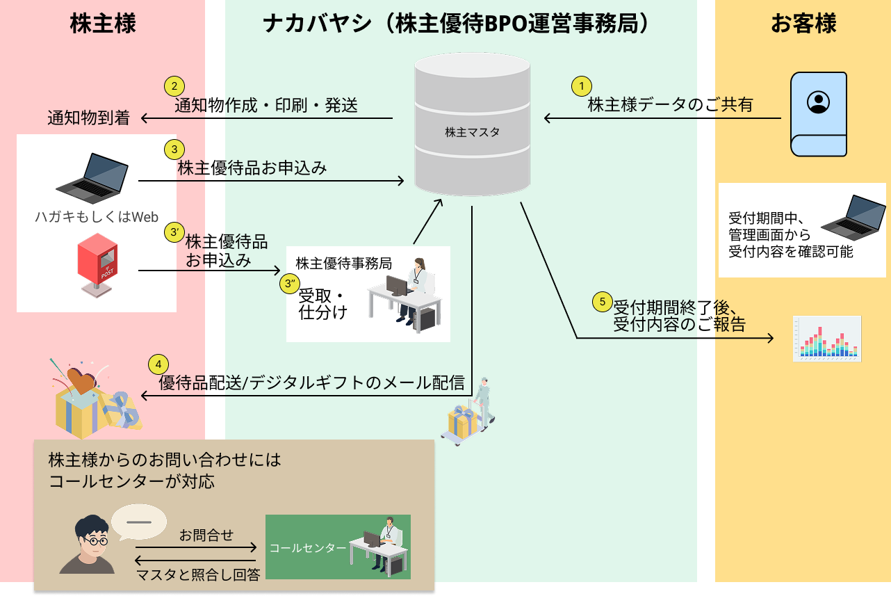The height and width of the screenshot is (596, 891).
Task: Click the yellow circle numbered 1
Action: tap(581, 86)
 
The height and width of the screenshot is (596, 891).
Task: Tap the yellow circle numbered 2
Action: tap(174, 86)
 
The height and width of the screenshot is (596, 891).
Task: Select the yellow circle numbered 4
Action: tap(158, 364)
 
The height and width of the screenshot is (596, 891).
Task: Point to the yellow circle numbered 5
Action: tap(603, 302)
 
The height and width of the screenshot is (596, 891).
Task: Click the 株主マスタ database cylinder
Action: tap(472, 125)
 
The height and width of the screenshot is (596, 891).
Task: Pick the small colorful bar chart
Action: tap(827, 339)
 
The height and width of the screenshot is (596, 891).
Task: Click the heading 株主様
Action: tap(103, 24)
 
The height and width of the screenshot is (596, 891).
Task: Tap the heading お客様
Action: tap(803, 24)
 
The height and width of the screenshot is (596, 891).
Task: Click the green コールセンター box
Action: tap(338, 547)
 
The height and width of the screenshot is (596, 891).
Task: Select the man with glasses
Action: tap(88, 545)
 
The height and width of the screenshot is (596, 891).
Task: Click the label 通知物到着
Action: tap(88, 118)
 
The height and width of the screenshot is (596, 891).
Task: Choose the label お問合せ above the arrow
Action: tap(206, 535)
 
